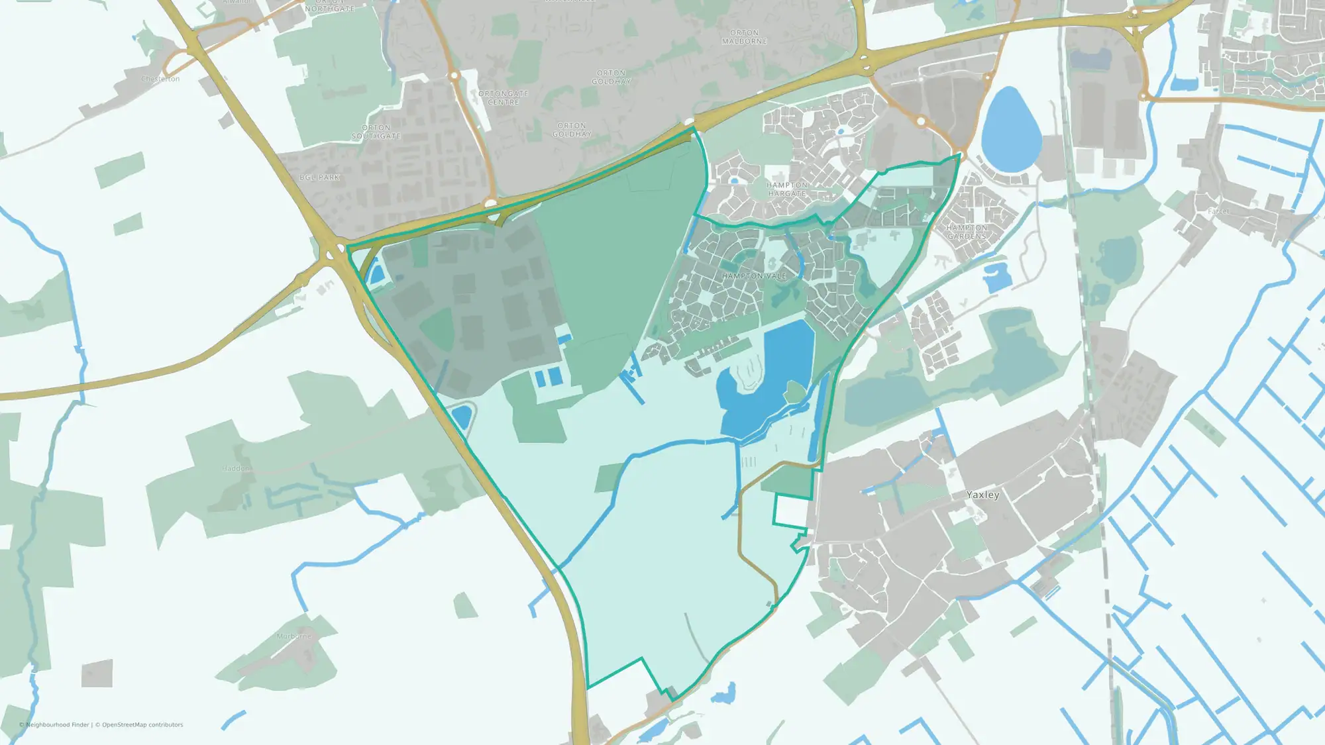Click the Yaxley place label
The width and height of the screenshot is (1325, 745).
tap(982, 495)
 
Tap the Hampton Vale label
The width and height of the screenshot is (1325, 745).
tap(754, 275)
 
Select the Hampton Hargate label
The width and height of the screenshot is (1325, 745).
tap(787, 189)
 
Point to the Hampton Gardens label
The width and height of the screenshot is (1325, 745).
tap(967, 232)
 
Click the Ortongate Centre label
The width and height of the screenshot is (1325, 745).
tap(503, 98)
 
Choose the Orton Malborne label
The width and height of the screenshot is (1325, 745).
tap(745, 36)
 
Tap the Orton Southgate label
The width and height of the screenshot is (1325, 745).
tap(376, 132)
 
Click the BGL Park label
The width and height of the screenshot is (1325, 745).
tap(319, 177)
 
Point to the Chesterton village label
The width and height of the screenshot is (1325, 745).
tap(160, 79)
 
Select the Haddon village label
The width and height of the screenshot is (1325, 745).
tap(235, 468)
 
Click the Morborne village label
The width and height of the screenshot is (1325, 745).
tap(293, 636)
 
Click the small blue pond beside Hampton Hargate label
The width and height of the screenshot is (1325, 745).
tap(734, 180)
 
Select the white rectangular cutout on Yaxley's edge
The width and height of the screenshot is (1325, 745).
tap(791, 511)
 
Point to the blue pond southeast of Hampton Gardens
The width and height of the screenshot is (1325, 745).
tap(996, 277)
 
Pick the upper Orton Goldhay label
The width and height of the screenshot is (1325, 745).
tap(611, 77)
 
